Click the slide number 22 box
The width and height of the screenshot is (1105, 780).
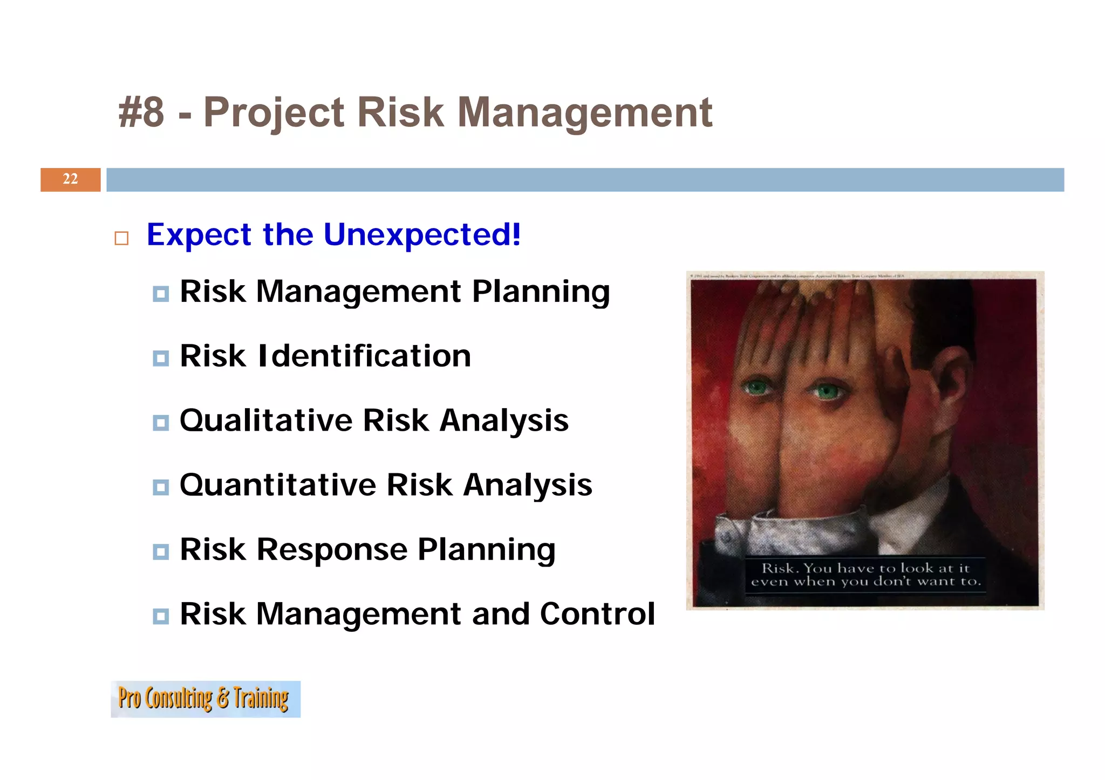click(x=70, y=180)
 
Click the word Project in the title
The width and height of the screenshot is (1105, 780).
click(x=274, y=113)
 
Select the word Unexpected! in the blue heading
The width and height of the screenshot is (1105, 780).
click(x=422, y=234)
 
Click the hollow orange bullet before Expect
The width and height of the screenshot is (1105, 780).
click(x=122, y=238)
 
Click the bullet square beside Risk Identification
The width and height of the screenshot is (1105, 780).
click(x=161, y=358)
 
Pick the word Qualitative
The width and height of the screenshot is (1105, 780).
click(x=265, y=420)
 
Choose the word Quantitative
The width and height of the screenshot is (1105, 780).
click(x=277, y=485)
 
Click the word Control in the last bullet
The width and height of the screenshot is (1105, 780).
click(x=597, y=614)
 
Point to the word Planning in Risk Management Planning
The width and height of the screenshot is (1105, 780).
click(x=541, y=292)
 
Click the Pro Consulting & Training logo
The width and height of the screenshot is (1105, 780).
click(x=206, y=699)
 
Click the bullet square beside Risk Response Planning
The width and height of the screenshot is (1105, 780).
click(x=161, y=552)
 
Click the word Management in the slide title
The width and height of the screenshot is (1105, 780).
click(x=585, y=113)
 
